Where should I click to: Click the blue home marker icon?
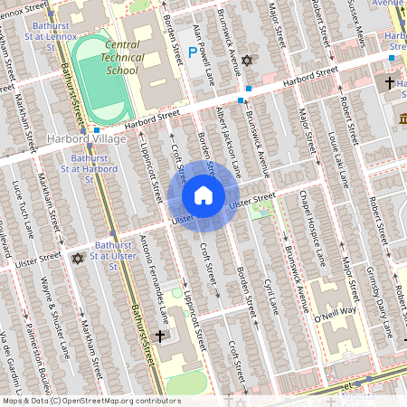203,195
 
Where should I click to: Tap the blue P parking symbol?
193,52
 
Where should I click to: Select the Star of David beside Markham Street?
77,259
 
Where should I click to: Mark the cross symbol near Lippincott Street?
160,336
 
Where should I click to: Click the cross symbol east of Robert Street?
389,83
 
